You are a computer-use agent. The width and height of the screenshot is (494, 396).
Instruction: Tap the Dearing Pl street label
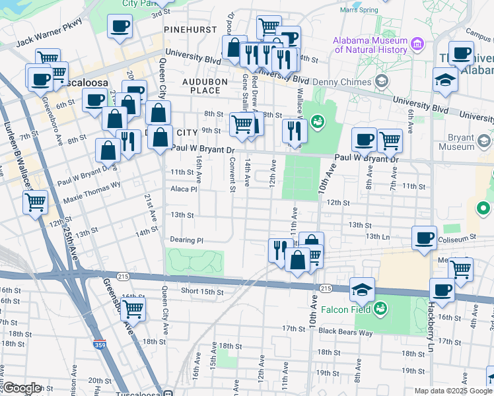186,240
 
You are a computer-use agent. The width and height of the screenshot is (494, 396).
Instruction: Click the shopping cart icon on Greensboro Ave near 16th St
133,308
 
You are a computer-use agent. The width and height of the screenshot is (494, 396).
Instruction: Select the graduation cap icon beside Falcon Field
362,288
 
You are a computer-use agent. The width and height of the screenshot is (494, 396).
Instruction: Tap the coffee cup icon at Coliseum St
424,238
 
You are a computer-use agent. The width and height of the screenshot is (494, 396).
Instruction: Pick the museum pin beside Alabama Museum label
417,44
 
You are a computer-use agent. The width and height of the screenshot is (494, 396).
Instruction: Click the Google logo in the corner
22,388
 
